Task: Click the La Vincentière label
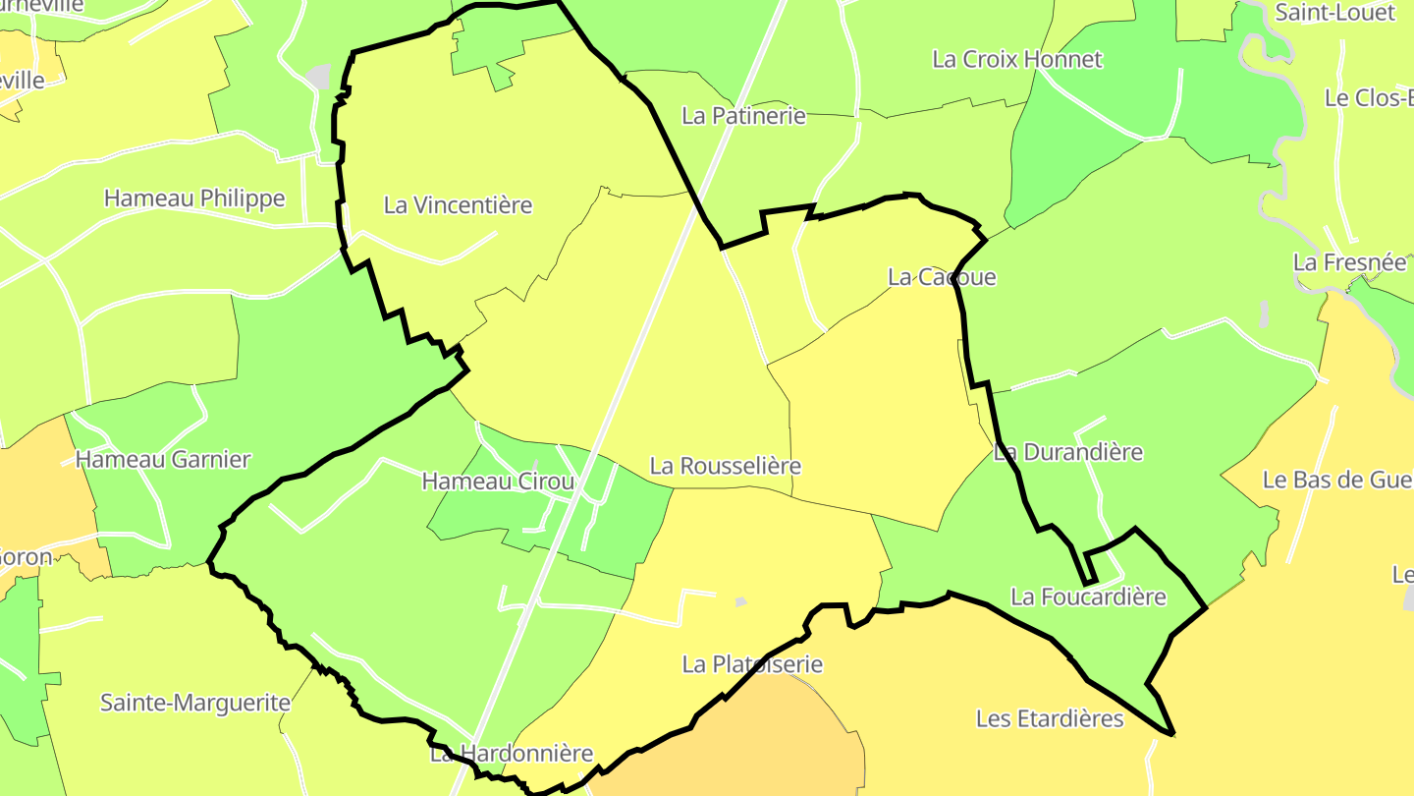tap(458, 205)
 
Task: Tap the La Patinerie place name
tap(743, 116)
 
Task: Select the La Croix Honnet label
tap(1016, 59)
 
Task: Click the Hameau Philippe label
tap(194, 199)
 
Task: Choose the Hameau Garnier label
tap(163, 459)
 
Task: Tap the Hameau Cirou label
tap(498, 482)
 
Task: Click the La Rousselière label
tap(726, 466)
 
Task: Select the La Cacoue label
tap(942, 277)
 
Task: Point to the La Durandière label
tap(1068, 452)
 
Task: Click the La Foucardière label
tap(1088, 597)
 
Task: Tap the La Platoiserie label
tap(752, 664)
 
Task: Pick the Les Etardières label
tap(1049, 718)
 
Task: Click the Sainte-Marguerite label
tap(195, 703)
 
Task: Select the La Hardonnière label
tap(512, 754)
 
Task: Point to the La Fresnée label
tap(1349, 262)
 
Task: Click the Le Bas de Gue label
tap(1335, 480)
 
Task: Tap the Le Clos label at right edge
tap(1367, 98)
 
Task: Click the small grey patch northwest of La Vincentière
tap(318, 76)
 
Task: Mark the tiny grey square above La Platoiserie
tap(741, 601)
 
